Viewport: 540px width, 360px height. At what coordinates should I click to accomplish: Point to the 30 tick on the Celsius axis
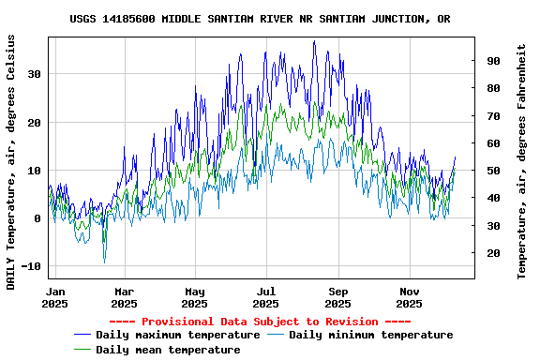(x=34, y=74)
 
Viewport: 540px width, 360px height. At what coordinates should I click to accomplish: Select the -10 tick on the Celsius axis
(x=30, y=267)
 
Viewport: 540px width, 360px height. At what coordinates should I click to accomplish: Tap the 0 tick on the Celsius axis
(x=37, y=219)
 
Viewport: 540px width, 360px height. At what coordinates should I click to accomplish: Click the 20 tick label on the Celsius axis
(x=34, y=123)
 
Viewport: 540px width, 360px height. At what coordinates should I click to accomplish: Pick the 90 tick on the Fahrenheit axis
(x=491, y=61)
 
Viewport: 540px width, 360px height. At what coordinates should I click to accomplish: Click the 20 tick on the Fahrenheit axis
(x=491, y=253)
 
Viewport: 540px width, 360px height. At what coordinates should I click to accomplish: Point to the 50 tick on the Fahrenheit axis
(x=491, y=171)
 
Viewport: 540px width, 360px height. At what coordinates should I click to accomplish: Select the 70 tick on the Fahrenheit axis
(x=491, y=116)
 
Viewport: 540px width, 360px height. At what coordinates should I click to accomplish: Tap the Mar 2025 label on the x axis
(x=124, y=297)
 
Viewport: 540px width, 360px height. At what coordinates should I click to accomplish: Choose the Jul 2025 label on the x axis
(x=267, y=297)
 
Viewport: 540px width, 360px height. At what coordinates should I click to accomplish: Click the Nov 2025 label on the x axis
(x=410, y=297)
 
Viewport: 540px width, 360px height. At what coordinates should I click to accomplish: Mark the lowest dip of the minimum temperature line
(x=104, y=262)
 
